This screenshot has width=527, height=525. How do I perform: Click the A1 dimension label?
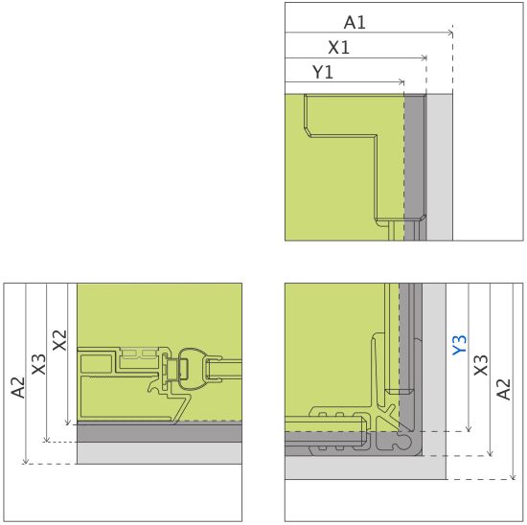(x=355, y=23)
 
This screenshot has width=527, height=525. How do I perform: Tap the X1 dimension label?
(x=339, y=47)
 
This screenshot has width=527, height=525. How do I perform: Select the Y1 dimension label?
(x=323, y=72)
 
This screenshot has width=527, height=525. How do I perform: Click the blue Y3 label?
(x=459, y=345)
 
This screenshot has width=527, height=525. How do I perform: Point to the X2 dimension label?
(x=59, y=340)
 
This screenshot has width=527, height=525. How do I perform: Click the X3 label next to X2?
(x=38, y=364)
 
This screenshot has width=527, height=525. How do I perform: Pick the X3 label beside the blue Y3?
(x=481, y=365)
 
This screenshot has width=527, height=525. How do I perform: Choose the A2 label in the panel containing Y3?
(x=503, y=389)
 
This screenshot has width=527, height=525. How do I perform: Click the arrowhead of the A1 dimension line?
(x=450, y=33)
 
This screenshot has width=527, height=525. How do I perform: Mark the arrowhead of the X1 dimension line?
(x=424, y=57)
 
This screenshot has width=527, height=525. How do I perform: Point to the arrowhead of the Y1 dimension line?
(x=401, y=82)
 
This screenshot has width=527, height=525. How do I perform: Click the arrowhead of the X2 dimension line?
(x=68, y=422)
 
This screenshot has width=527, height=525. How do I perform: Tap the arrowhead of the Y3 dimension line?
(x=469, y=429)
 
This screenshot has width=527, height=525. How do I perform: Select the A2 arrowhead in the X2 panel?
(x=26, y=461)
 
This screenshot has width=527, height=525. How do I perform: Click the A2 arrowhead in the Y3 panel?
(x=513, y=477)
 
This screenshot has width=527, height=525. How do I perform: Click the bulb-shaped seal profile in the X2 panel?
(x=191, y=369)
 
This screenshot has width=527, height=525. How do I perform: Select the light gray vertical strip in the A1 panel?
(x=440, y=168)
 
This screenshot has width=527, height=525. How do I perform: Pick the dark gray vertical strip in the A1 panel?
(x=415, y=168)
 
